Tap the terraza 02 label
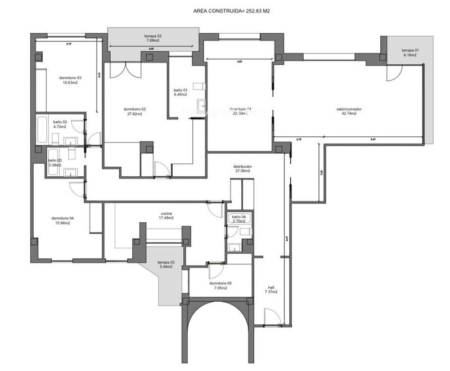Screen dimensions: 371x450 [x=152, y=36]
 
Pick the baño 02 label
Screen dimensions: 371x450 [x=60, y=122]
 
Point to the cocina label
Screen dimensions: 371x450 [x=165, y=213]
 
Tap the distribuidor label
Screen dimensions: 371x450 [x=242, y=167]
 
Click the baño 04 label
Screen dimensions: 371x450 [x=238, y=217]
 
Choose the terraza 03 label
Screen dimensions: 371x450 [x=165, y=262]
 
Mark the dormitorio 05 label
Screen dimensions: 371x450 [x=220, y=283]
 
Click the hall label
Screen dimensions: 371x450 [x=271, y=288]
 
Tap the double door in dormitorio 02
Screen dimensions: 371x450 [x=125, y=70]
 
